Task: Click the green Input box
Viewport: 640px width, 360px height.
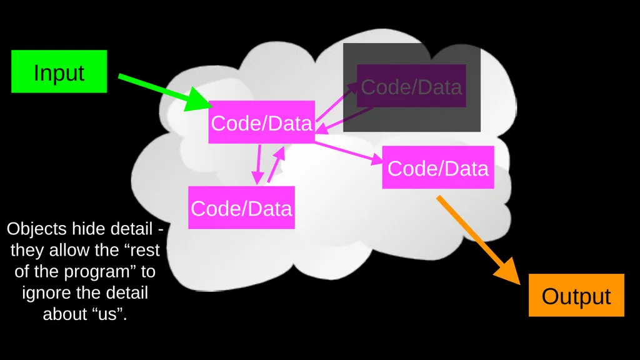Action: [59, 71]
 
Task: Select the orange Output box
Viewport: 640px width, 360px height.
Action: [576, 295]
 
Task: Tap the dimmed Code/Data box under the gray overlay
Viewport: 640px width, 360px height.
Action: [411, 86]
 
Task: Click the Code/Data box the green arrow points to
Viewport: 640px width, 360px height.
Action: [262, 122]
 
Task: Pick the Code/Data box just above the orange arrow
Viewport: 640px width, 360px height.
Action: [438, 167]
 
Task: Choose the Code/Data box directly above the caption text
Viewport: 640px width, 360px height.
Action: [241, 207]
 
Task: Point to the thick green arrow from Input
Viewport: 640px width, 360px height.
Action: [165, 92]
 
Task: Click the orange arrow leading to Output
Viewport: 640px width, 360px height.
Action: [479, 241]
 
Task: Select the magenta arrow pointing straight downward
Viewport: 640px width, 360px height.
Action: [258, 164]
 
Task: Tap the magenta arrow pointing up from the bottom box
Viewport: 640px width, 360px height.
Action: [276, 164]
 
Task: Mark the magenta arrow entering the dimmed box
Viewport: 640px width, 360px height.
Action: [337, 102]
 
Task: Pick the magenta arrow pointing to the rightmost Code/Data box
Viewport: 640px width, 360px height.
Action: [349, 152]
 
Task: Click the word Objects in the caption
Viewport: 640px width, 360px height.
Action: [36, 229]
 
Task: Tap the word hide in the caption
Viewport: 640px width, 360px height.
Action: [86, 229]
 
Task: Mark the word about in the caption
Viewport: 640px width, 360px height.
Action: [65, 314]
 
